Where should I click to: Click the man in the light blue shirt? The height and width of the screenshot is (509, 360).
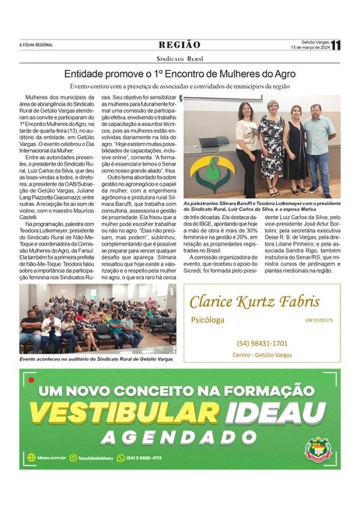pos(320,147)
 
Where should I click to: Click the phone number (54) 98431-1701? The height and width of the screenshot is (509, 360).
pos(262,343)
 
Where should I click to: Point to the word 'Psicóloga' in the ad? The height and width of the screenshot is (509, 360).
pos(208,320)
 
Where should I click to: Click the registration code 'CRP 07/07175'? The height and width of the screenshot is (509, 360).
pos(320,320)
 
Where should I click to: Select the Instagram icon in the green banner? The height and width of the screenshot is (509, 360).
pos(73,458)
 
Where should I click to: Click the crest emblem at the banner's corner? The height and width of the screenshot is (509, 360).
pos(317,449)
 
